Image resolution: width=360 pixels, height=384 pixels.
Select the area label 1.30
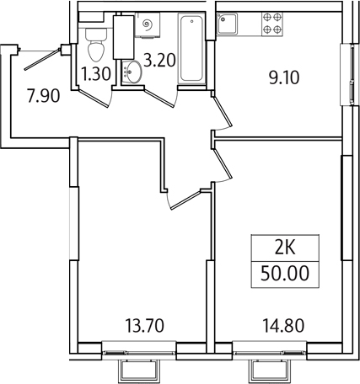[97, 73]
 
